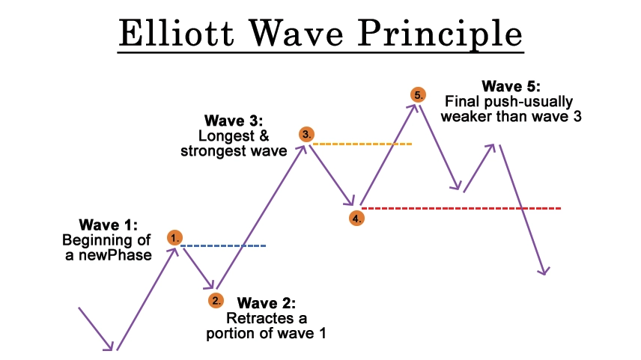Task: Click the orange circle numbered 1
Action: (x=174, y=237)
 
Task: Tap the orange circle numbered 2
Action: (x=216, y=301)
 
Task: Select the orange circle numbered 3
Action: (x=306, y=134)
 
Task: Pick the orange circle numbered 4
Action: (x=357, y=219)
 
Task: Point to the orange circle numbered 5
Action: (x=418, y=95)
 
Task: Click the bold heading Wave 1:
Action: (x=109, y=225)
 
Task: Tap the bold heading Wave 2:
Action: (x=266, y=303)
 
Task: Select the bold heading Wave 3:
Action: (x=234, y=120)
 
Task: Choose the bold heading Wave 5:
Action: (x=511, y=86)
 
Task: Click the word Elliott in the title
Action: (x=176, y=33)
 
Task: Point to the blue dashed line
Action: (x=223, y=245)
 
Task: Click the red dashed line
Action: (x=461, y=208)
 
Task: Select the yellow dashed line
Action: (x=362, y=144)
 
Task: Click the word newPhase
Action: (x=115, y=255)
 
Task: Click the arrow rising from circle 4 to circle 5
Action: (x=389, y=154)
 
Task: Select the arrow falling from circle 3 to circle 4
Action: (x=332, y=175)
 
